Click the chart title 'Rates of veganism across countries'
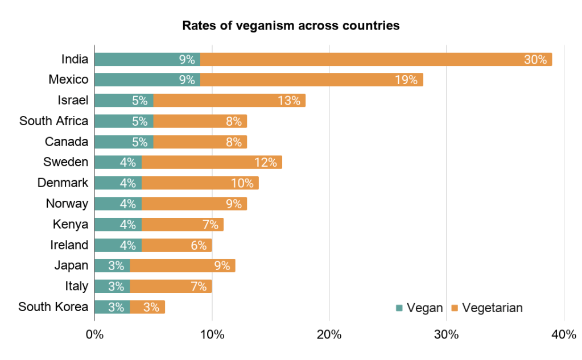[x=291, y=26]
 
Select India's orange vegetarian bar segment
[x=376, y=59]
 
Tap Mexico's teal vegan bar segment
[x=147, y=80]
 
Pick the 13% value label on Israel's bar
[x=289, y=101]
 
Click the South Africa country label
[x=54, y=121]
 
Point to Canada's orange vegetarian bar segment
[x=200, y=142]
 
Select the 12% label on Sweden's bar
[x=265, y=163]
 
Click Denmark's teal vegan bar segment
[x=118, y=183]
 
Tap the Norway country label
[x=67, y=204]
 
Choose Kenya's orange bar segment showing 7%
[x=182, y=225]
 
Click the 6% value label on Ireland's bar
[x=199, y=245]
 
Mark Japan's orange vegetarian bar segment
[x=183, y=266]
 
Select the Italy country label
[x=77, y=286]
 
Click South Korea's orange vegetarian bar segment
[x=147, y=307]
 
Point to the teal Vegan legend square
[x=399, y=308]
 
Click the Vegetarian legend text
[x=493, y=308]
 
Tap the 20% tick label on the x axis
[x=329, y=335]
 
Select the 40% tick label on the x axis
[x=564, y=335]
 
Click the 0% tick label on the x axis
[x=94, y=335]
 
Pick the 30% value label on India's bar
[x=535, y=59]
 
